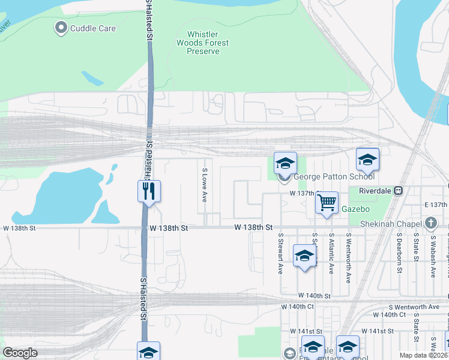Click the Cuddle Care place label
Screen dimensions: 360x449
[x=93, y=28]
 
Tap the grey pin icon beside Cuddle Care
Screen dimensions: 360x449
[x=61, y=28]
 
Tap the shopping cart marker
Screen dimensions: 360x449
[x=327, y=203]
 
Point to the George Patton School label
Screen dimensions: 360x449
[x=334, y=176]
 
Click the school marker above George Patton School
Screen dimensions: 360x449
[x=286, y=164]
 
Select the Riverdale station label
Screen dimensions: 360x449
[x=375, y=190]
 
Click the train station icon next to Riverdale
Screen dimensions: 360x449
[x=399, y=190]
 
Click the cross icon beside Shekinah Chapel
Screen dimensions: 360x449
[x=430, y=223]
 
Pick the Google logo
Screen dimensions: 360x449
[x=20, y=353]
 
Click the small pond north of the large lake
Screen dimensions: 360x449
[x=92, y=79]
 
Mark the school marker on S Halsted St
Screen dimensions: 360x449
[x=148, y=352]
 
